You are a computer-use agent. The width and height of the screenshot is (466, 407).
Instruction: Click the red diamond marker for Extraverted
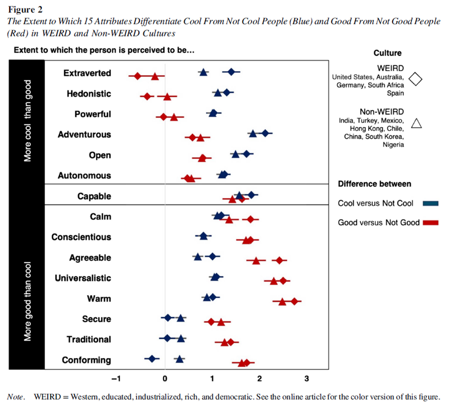point(137,76)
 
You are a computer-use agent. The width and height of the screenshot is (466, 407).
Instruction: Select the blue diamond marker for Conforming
point(152,359)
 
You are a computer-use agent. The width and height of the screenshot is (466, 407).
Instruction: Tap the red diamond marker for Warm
point(295,301)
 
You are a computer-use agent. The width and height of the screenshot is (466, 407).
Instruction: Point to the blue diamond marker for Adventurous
point(265,133)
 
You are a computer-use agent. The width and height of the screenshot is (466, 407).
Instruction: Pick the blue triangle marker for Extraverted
point(203,72)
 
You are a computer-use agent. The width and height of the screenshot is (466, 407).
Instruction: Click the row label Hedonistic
point(89,94)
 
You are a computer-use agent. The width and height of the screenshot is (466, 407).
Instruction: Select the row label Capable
point(94,196)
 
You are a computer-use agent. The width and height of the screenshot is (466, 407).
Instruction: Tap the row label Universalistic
point(83,278)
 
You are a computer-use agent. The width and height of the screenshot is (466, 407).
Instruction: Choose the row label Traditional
point(89,339)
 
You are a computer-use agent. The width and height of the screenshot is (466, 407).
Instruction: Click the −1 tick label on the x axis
point(116,379)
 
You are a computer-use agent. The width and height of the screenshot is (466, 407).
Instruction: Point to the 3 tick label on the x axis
point(306,379)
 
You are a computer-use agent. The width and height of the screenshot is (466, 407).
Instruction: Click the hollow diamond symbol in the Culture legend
point(415,79)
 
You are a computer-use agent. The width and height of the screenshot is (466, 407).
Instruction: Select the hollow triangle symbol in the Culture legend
point(416,123)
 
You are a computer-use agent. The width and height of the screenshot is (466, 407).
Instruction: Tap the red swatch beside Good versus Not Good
point(431,222)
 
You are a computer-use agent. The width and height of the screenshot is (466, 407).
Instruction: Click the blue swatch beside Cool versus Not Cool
point(431,203)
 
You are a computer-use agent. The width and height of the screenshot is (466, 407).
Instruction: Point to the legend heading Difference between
point(374,184)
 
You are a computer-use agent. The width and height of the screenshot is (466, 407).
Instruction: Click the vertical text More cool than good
point(27,121)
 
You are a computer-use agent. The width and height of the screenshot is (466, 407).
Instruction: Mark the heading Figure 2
point(25,9)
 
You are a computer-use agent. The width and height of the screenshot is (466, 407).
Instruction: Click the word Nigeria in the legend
point(393,145)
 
